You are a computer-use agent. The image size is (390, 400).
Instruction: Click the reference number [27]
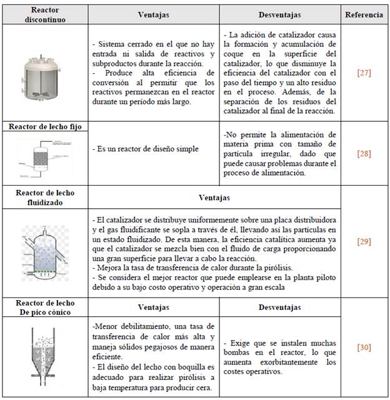(364, 73)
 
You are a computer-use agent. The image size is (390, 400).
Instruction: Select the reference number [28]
(364, 153)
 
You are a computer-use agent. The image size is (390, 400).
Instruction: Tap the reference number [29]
(364, 241)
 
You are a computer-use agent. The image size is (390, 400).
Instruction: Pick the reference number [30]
(364, 346)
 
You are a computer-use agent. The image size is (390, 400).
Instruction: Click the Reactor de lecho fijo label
(44, 127)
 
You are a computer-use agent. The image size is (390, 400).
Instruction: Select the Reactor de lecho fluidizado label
(44, 197)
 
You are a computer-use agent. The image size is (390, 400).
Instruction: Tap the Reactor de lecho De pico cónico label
(44, 307)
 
